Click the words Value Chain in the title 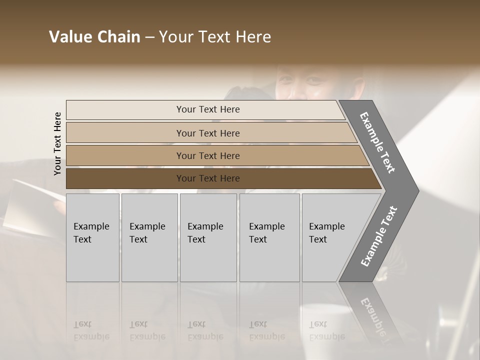[94, 37]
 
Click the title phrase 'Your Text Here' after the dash [215, 37]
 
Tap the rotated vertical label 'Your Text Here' [57, 143]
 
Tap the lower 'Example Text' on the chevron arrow [379, 236]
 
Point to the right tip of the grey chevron [417, 190]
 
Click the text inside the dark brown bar [208, 178]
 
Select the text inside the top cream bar [208, 109]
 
